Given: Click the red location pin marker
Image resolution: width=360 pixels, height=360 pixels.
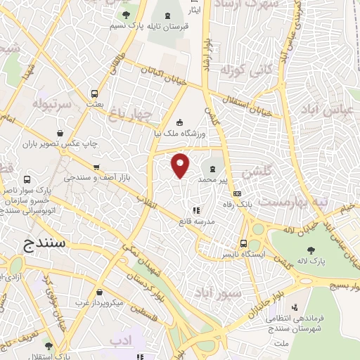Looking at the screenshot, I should [181, 165].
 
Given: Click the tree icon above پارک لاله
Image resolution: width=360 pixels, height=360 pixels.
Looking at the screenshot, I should [311, 249].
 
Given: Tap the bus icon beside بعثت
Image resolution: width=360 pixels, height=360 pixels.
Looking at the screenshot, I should [95, 94].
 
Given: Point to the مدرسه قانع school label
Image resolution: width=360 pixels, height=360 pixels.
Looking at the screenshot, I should [199, 221].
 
